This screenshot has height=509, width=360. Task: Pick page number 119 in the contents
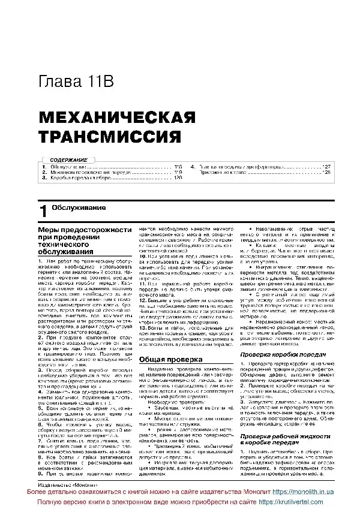(178, 171)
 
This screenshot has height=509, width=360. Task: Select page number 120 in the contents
(178, 177)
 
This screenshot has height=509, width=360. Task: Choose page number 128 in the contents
(326, 171)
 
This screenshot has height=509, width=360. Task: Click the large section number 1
(42, 210)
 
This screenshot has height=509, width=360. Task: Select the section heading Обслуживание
(79, 207)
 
